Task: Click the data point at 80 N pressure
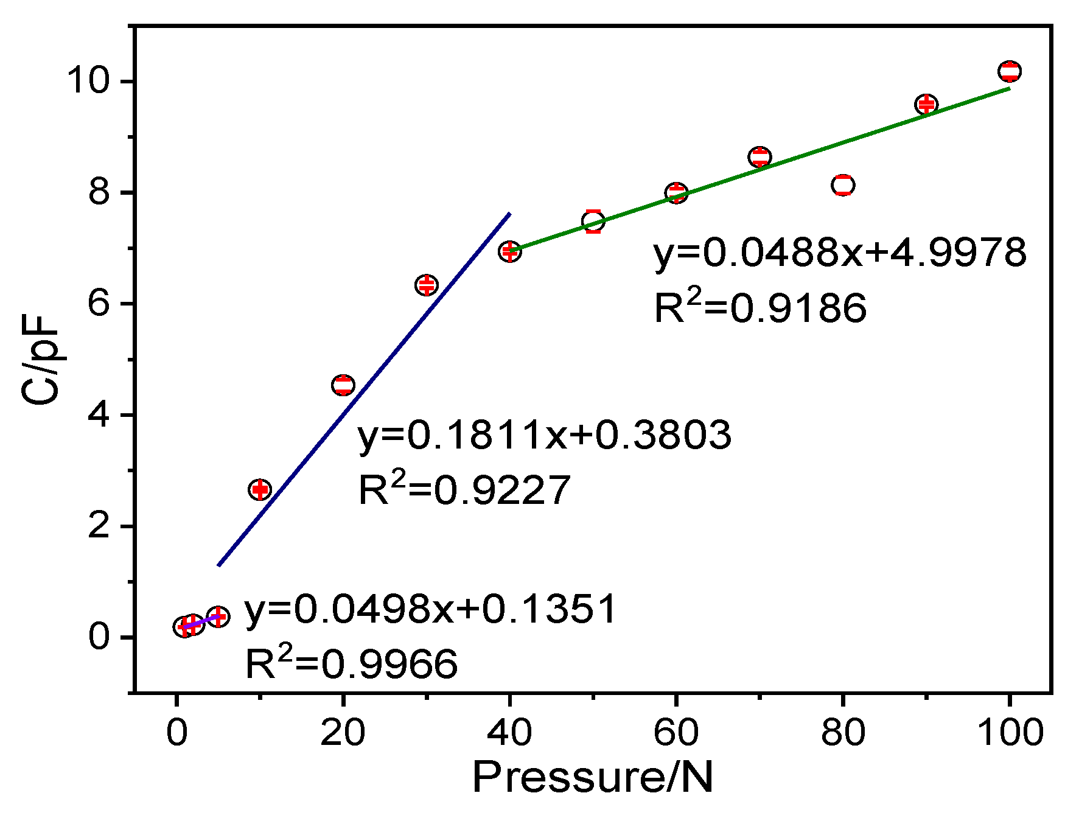[x=842, y=184]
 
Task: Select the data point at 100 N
[x=1009, y=71]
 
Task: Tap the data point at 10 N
[x=260, y=489]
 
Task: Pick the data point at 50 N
[x=593, y=221]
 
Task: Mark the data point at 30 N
[x=427, y=285]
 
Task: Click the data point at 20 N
[x=343, y=385]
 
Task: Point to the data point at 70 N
[x=759, y=157]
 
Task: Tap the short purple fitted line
[x=201, y=621]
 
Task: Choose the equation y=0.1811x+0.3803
[x=544, y=435]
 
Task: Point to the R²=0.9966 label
[x=351, y=664]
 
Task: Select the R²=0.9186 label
[x=759, y=307]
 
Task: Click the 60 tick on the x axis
[x=676, y=732]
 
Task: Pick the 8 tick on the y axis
[x=99, y=193]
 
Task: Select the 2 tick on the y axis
[x=99, y=526]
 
